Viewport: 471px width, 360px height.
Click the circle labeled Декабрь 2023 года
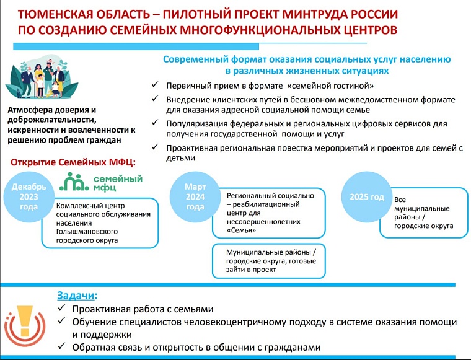coord(28,196)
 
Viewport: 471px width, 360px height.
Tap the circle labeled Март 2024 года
coord(195,196)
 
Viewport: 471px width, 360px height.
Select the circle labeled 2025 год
coord(367,196)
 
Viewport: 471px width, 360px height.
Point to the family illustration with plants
coord(37,81)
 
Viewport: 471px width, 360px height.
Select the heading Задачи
coord(77,296)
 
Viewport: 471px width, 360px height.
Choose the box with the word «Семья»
coord(268,213)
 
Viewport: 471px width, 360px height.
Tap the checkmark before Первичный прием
coord(155,86)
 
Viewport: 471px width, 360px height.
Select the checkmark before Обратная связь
coord(61,347)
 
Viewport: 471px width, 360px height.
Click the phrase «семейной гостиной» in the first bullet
coord(335,86)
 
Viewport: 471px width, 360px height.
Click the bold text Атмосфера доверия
coord(47,110)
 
